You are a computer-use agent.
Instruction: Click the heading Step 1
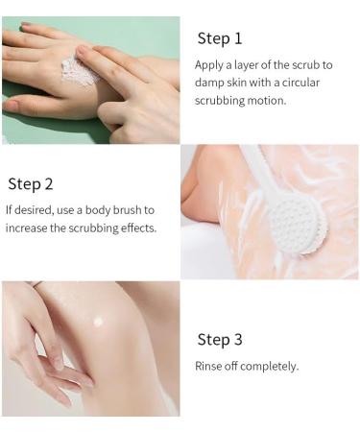pyautogui.click(x=219, y=38)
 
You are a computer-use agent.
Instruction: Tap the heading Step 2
pyautogui.click(x=31, y=183)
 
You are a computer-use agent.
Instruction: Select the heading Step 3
pyautogui.click(x=220, y=340)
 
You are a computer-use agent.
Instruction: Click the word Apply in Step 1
pyautogui.click(x=210, y=65)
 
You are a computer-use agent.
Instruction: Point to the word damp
pyautogui.click(x=211, y=83)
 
